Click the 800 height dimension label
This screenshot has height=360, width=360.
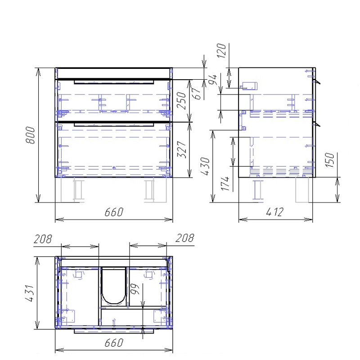pos(30,135)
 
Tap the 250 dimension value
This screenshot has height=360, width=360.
pos(181,100)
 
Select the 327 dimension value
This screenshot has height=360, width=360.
pos(182,149)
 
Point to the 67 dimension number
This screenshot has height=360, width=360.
pos(197,94)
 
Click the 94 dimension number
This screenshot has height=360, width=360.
pos(212,80)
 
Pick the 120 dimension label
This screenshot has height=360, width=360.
pos(221,50)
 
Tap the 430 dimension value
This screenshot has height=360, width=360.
pos(206,166)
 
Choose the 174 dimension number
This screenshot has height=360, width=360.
pos(225,184)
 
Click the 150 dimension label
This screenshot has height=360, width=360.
pos(330,160)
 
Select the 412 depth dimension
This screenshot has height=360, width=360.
pos(275,212)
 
